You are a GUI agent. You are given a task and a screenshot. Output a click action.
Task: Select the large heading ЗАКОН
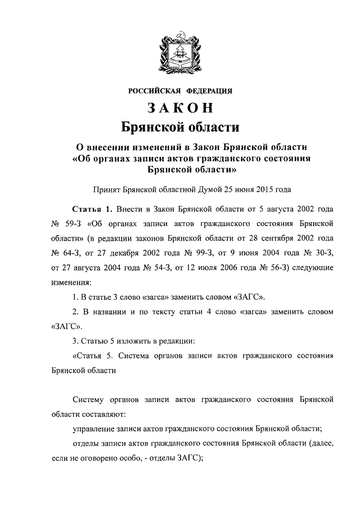click(180, 107)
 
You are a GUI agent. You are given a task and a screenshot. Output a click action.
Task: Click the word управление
click(97, 429)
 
